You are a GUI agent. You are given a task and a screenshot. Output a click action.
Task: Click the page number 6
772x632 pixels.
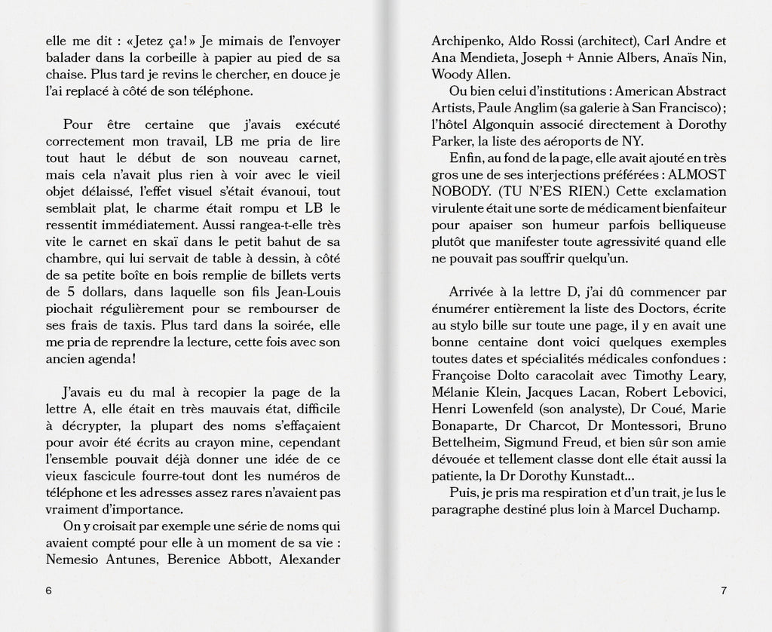49,591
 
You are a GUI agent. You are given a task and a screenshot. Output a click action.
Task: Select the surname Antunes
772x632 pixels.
131,558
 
